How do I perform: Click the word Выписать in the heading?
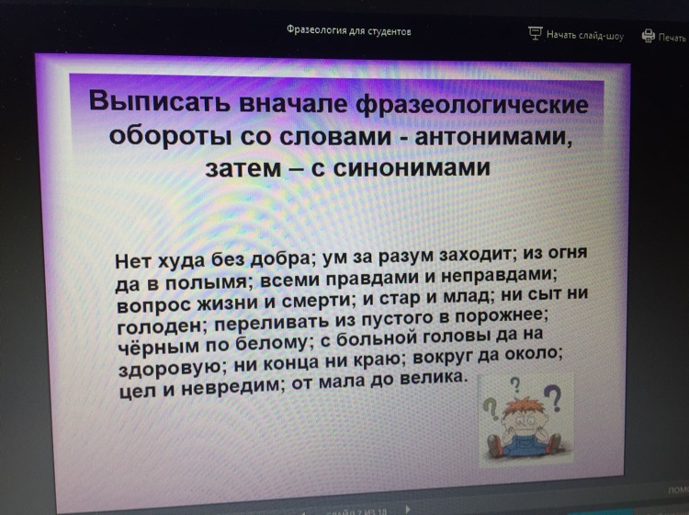click(161, 101)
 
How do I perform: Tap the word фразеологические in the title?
click(472, 105)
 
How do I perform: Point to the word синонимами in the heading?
click(412, 167)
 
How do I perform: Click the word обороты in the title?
click(171, 134)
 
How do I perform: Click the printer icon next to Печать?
click(649, 36)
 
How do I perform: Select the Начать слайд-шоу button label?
click(585, 35)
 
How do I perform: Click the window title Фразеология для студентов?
click(349, 30)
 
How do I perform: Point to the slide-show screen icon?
click(535, 33)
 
